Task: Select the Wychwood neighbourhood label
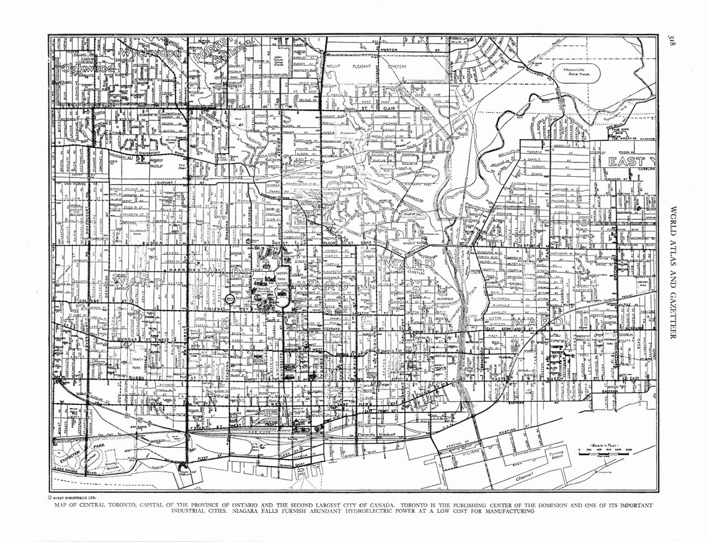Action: pos(151,55)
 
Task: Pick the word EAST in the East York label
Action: pos(627,162)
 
